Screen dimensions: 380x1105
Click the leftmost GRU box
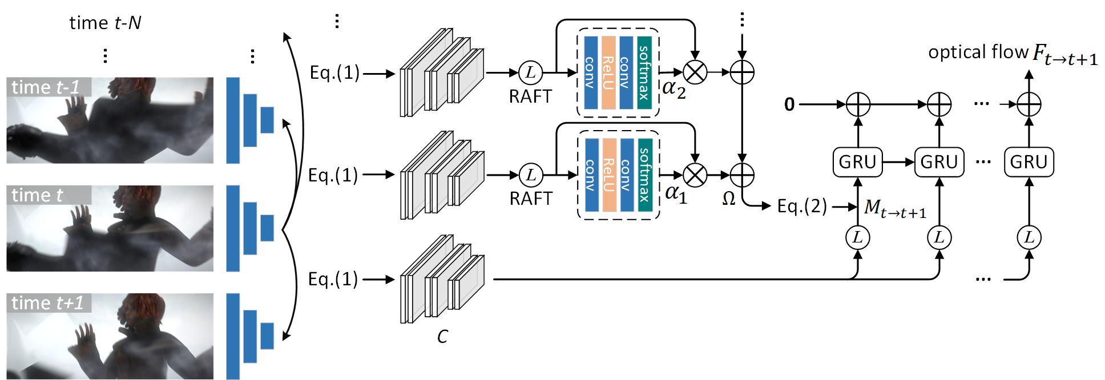pos(857,162)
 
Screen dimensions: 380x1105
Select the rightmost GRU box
pos(1029,162)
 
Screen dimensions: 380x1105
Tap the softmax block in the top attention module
pos(644,72)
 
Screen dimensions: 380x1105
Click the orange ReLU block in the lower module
pos(609,175)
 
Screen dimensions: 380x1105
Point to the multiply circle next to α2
pos(695,72)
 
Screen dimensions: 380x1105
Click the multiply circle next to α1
pos(695,175)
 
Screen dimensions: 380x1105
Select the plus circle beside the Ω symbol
pos(742,175)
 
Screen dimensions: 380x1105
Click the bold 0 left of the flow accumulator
pos(789,104)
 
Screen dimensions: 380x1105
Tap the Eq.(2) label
pos(802,206)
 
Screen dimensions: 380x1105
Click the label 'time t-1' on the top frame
pos(46,87)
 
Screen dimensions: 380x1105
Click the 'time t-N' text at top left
pos(105,23)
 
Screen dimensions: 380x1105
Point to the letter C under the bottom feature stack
pos(442,337)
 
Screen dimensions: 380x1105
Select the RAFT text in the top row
pos(530,96)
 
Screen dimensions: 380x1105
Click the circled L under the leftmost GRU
pos(857,237)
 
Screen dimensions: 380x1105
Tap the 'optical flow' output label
pos(978,52)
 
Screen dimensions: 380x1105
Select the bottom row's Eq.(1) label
pos(333,279)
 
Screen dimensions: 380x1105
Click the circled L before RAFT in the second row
pos(531,175)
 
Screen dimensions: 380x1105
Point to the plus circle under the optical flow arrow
pos(1029,104)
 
